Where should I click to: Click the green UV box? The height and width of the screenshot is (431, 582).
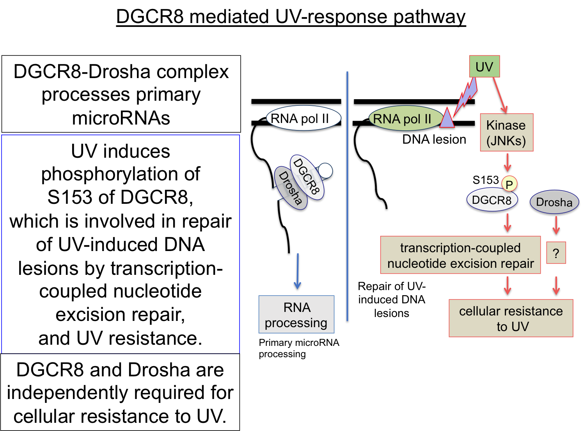coord(484,66)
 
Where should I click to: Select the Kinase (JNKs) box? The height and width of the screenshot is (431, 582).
coord(506,132)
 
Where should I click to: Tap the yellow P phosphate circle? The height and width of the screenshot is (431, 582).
coord(509,184)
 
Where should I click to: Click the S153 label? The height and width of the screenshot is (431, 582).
coord(485,180)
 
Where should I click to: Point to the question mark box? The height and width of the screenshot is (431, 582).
coord(556,253)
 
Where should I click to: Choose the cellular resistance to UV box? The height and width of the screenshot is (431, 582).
coord(511,318)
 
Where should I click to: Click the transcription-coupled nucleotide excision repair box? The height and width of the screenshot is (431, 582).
coord(461,255)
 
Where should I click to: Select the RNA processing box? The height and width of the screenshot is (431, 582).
coord(296,314)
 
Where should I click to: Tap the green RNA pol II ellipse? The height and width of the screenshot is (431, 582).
coord(405,118)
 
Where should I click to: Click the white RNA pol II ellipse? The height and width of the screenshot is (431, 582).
coord(303,118)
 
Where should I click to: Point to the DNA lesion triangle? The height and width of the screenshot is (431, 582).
coord(447,119)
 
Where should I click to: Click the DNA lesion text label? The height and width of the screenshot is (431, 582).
coord(434,139)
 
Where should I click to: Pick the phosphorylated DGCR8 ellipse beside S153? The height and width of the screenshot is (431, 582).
coord(492,200)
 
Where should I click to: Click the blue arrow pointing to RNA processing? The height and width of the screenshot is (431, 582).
coord(297,271)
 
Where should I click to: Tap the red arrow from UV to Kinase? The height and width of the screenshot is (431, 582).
coord(500,95)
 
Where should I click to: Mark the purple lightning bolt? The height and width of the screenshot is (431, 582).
coord(465,97)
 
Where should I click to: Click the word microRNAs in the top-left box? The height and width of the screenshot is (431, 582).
coord(121,118)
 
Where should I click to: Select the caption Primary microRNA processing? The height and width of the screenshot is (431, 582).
coord(299,348)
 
